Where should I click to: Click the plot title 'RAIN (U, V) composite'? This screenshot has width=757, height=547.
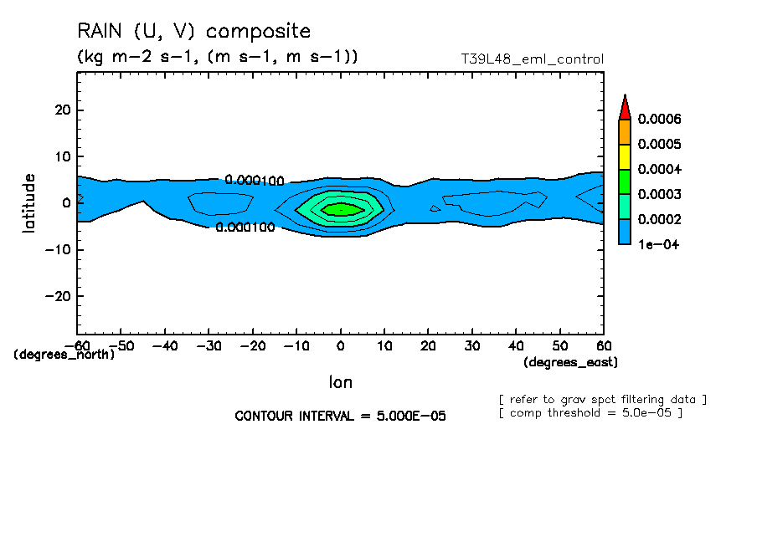pos(193,32)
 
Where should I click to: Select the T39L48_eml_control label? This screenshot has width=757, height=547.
pos(533,59)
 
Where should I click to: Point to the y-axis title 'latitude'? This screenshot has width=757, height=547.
pos(29,202)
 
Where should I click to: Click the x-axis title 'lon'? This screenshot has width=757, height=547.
pos(340,382)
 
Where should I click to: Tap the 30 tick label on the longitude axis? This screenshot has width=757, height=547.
pos(472,345)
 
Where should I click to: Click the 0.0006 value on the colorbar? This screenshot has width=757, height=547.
pos(659,119)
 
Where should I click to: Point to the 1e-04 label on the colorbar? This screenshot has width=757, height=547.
pos(657,244)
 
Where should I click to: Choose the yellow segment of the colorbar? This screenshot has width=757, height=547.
pos(624,156)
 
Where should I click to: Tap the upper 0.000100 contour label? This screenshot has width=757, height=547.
pos(255,181)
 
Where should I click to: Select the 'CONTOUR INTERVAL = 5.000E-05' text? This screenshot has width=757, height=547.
pos(340,416)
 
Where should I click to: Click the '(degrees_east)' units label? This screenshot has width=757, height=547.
pos(570,362)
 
